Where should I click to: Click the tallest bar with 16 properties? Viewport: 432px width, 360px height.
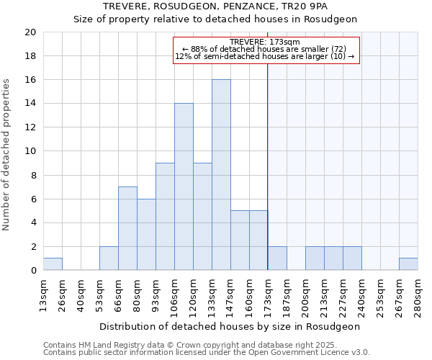click(221, 175)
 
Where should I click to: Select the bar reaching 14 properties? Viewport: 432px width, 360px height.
click(184, 186)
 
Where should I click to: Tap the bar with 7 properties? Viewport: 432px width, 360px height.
click(127, 228)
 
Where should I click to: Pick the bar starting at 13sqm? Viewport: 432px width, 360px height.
click(53, 264)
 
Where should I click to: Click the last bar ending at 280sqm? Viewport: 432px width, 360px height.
click(408, 264)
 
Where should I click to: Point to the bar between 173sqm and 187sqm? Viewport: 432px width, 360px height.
click(277, 258)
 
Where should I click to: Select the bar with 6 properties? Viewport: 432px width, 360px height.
click(146, 234)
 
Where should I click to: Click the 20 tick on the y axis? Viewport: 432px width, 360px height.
click(30, 32)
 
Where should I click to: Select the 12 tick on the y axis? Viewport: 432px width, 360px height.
click(30, 127)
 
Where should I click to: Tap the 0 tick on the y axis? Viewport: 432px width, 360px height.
click(32, 271)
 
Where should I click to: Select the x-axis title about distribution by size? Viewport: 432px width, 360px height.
click(230, 326)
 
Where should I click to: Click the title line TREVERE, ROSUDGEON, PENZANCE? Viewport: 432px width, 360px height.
click(215, 6)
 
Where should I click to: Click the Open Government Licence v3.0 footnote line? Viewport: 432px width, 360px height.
click(207, 353)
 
